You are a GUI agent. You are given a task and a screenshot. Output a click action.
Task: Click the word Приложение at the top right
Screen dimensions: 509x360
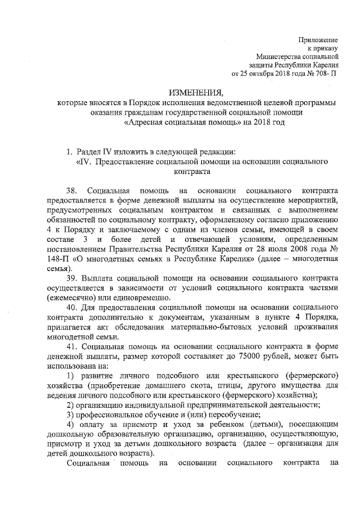318,40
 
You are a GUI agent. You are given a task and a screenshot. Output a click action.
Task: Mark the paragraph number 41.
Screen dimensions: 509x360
72,346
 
